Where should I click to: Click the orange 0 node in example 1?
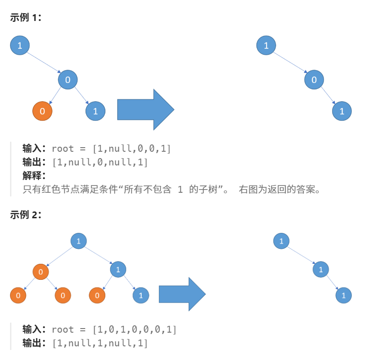coord(42,111)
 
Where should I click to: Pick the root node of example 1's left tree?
coord(20,45)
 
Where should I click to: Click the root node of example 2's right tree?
coord(281,241)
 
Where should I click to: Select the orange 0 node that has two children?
coord(41,272)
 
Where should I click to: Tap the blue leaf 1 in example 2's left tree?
coord(141,295)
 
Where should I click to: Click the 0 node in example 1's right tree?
coord(314,80)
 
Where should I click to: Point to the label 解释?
coord(34,175)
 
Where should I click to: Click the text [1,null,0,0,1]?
coord(131,149)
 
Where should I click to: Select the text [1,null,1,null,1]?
coord(100,343)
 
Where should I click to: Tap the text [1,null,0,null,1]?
coord(100,162)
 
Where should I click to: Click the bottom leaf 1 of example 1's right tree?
coord(342,111)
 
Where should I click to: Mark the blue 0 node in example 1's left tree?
coord(68,80)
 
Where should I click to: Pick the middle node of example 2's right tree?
coord(321,269)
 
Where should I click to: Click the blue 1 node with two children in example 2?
coord(118,269)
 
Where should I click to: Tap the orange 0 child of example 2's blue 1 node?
coord(97,295)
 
